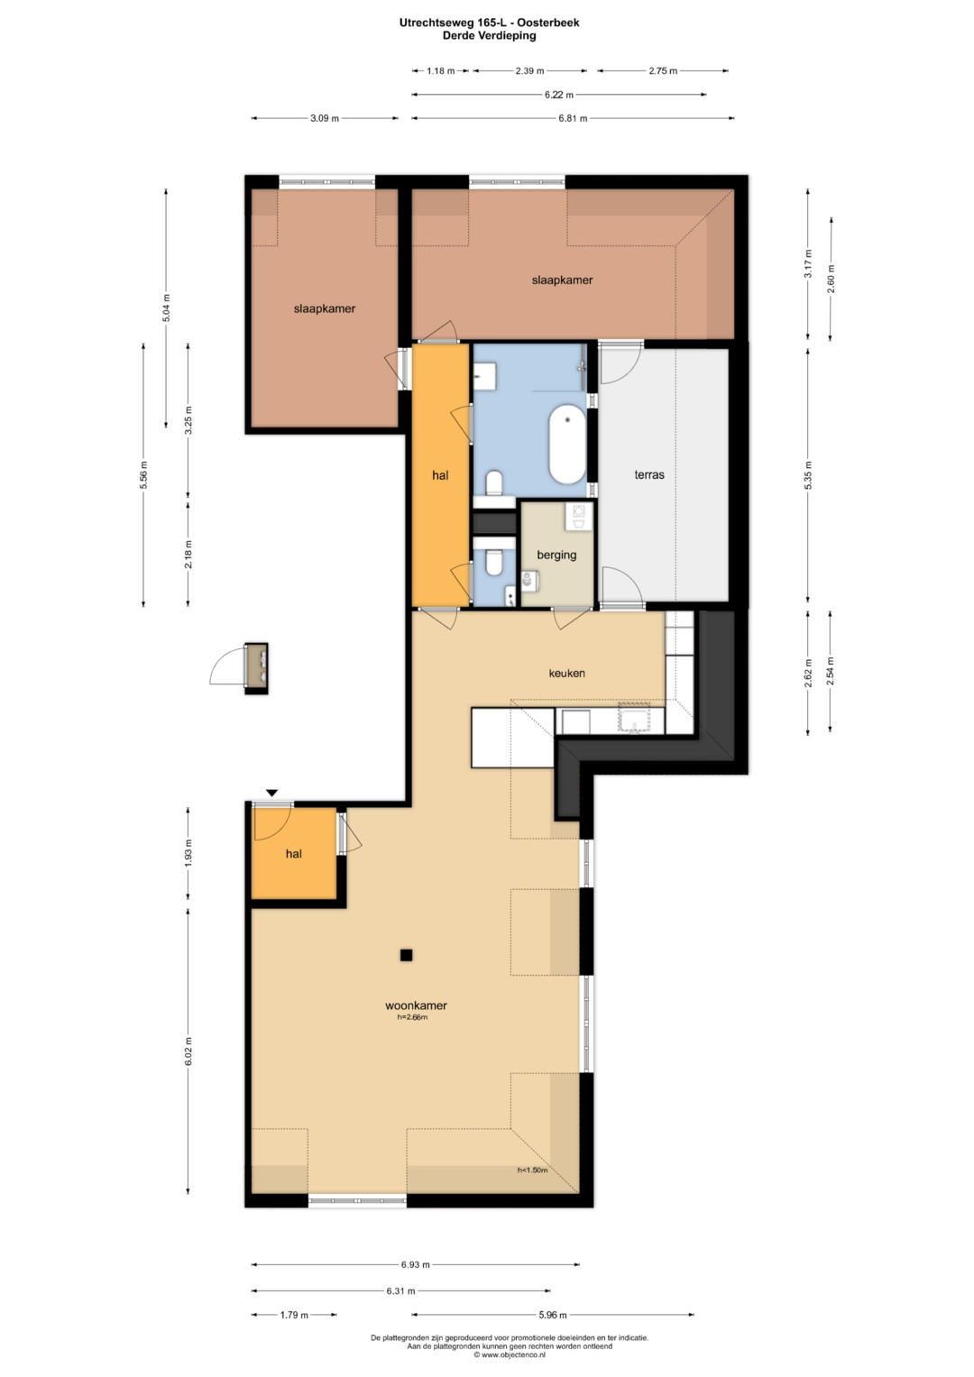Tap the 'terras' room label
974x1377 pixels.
[649, 474]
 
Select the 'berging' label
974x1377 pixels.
[556, 555]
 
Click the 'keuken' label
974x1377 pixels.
[567, 673]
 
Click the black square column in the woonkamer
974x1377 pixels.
[406, 955]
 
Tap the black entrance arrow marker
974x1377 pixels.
[271, 793]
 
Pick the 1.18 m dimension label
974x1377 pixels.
[440, 70]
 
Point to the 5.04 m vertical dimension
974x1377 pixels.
[166, 308]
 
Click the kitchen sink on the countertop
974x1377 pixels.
[635, 719]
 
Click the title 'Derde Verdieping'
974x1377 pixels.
[490, 36]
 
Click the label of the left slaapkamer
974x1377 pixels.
[324, 308]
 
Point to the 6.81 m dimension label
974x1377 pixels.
[573, 119]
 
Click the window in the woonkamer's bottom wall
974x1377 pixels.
[357, 1199]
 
